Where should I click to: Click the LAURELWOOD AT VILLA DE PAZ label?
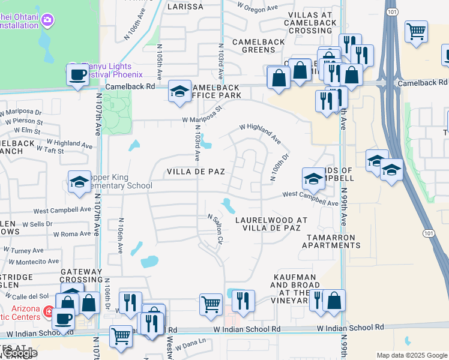click(271, 225)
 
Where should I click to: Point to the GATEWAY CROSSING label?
click(82, 276)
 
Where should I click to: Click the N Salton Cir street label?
click(215, 229)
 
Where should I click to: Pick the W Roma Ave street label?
click(72, 234)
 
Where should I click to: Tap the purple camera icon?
click(47, 20)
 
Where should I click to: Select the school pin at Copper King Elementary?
click(79, 182)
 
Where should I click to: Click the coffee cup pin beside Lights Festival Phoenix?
click(77, 74)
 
